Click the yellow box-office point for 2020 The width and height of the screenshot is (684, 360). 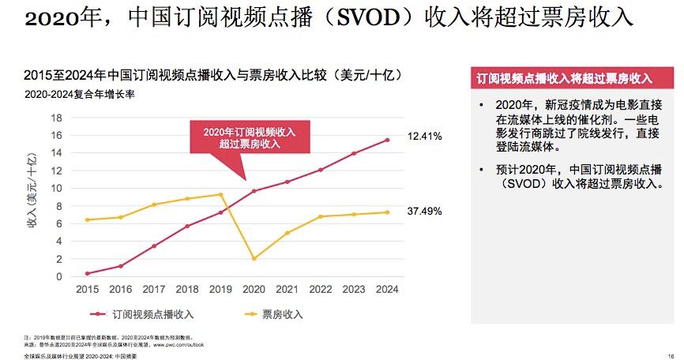coord(254,259)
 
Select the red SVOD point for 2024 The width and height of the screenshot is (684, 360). coord(386,140)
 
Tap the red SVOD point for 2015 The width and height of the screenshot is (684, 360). coord(87,273)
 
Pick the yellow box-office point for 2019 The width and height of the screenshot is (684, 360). coord(220,194)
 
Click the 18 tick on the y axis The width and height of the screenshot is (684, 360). coord(56,117)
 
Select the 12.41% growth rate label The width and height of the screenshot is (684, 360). coord(424,137)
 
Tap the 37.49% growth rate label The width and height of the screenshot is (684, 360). coord(424,212)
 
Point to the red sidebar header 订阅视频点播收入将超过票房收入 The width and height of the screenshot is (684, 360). coord(564,79)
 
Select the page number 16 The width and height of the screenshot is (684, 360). coord(671,355)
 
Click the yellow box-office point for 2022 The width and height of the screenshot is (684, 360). coord(320,216)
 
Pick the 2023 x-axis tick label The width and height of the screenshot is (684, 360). coord(353,290)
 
